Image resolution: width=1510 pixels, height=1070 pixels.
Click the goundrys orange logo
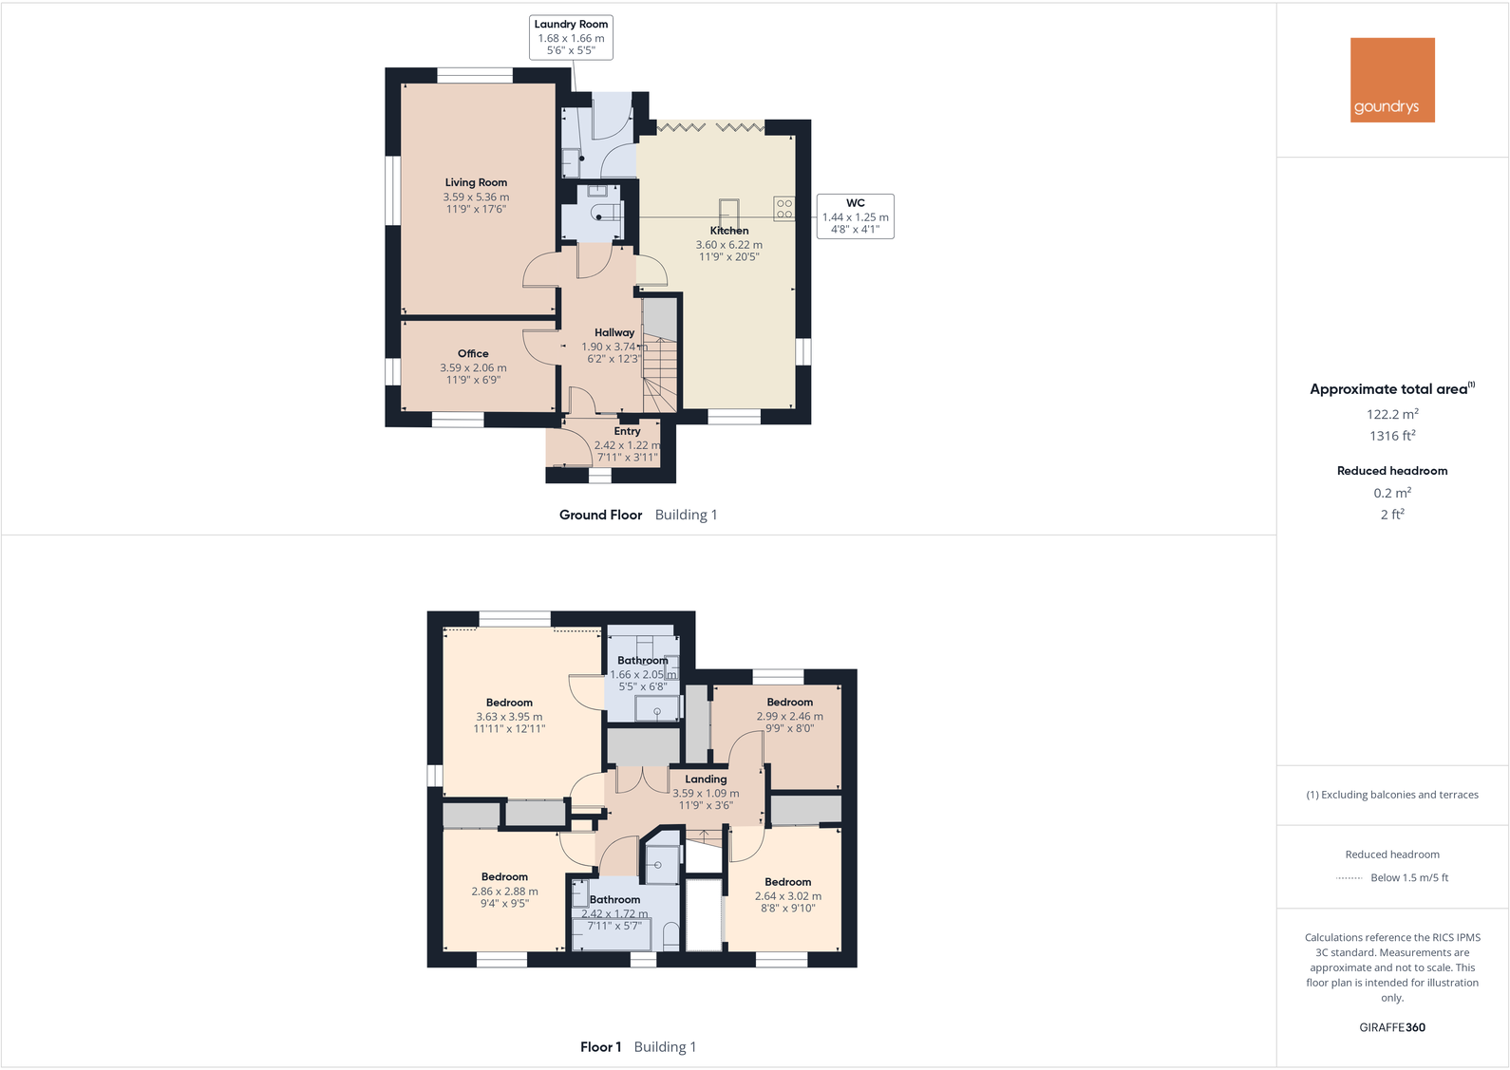tap(1392, 80)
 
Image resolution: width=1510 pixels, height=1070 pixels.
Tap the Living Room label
tap(476, 182)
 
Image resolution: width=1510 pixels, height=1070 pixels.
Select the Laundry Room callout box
tap(571, 37)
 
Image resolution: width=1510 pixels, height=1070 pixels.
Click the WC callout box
tap(855, 216)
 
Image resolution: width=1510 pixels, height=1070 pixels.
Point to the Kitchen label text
tap(729, 231)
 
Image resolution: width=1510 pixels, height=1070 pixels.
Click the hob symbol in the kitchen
tap(784, 209)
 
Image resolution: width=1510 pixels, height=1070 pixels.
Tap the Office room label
tap(473, 353)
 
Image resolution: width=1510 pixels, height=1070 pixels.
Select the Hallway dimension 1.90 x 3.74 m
tap(613, 347)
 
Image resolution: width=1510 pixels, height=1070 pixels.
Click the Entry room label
tap(627, 431)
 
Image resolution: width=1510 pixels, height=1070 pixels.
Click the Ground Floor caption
tap(600, 515)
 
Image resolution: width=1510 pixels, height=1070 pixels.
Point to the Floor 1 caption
tap(600, 1047)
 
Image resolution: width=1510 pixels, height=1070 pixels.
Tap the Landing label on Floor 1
tap(706, 779)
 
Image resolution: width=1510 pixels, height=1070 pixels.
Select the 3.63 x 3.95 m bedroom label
tap(509, 717)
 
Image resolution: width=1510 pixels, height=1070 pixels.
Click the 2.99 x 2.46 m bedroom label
tap(789, 716)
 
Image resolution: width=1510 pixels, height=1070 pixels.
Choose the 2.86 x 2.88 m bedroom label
tap(504, 892)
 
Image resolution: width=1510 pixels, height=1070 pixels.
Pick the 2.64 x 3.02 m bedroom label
tap(787, 895)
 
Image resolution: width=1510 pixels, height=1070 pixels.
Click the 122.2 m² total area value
tap(1392, 414)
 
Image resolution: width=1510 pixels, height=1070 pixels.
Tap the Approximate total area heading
tap(1388, 389)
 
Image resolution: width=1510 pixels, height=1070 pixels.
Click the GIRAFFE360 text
tap(1392, 1027)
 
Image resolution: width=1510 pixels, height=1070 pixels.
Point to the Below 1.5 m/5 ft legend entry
tap(1409, 877)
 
